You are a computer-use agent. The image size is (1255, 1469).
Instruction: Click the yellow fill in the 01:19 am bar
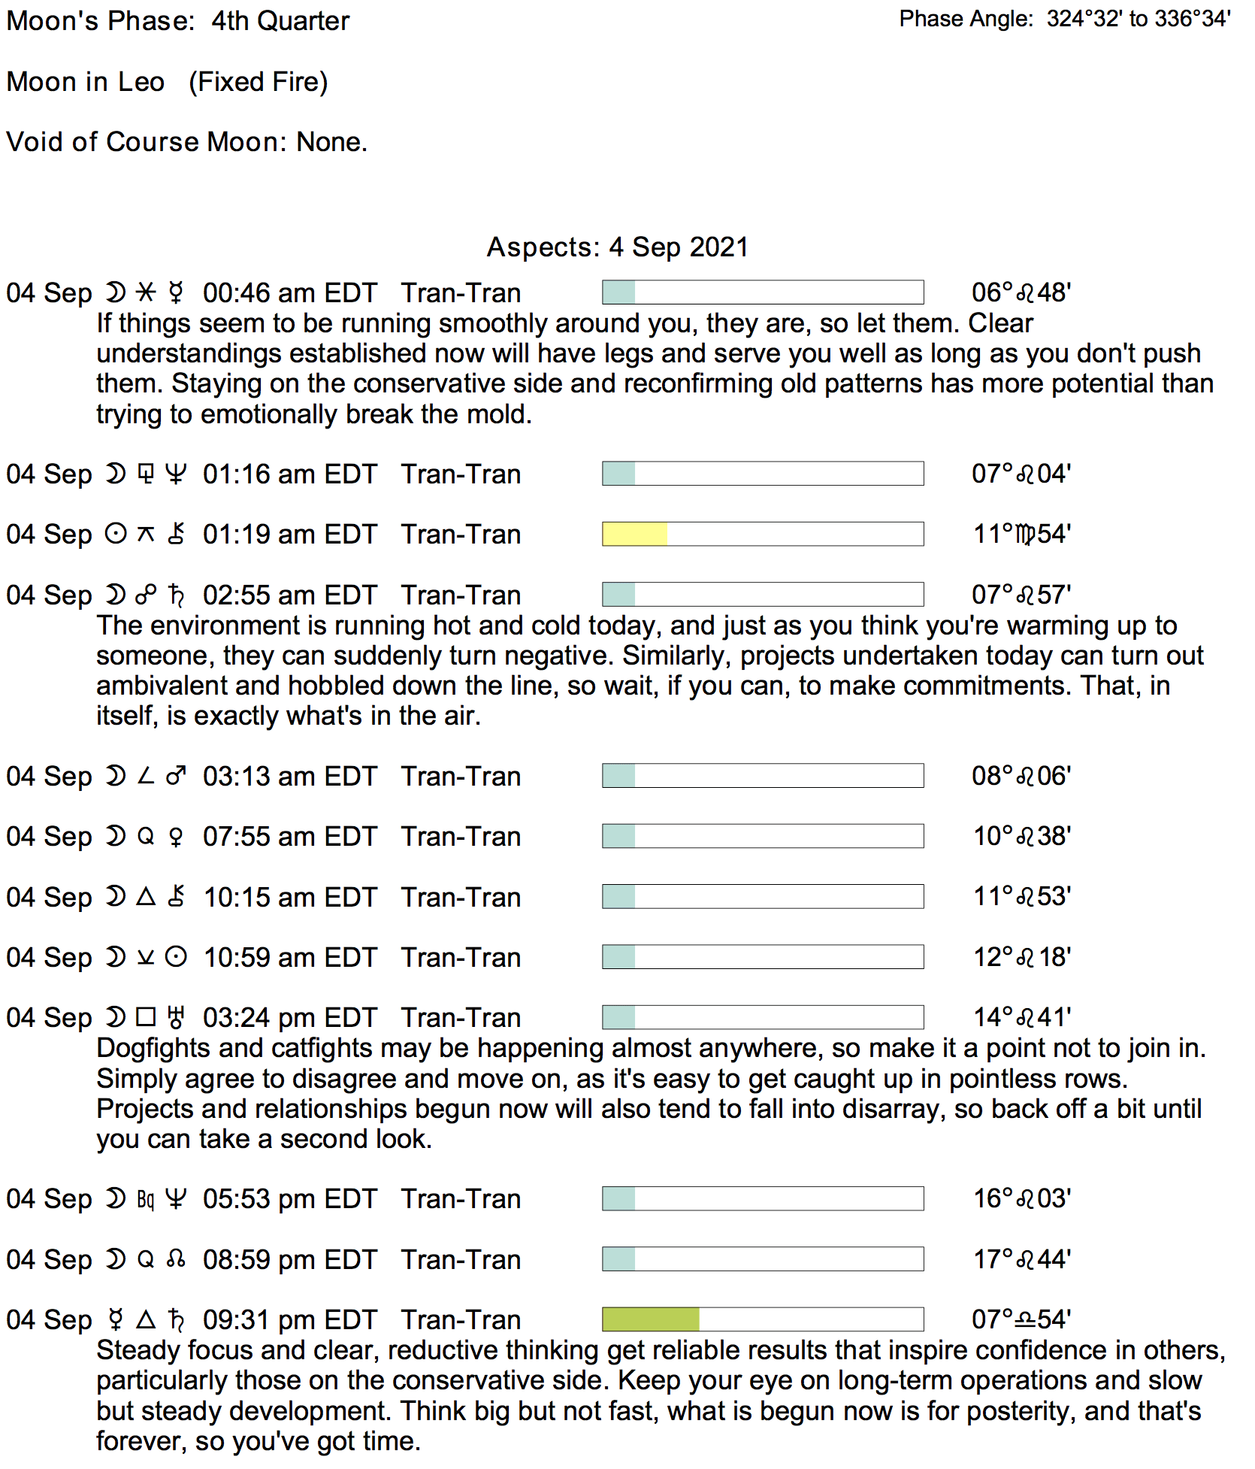coord(634,534)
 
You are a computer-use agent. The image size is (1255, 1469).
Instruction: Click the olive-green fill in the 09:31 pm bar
coord(651,1319)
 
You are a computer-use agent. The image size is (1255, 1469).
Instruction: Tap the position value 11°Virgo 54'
coord(1021,534)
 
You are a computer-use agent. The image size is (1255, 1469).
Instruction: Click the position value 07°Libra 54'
coord(1021,1319)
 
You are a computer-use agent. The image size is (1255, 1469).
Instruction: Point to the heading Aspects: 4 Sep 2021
coord(618,247)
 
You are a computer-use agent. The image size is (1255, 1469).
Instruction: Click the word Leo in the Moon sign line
coord(141,82)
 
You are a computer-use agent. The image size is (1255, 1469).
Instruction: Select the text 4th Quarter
coord(280,21)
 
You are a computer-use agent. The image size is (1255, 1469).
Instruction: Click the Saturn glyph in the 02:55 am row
coord(177,595)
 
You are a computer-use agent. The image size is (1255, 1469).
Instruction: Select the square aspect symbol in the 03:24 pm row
coord(146,1017)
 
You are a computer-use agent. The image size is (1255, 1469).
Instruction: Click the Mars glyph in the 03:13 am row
coord(177,776)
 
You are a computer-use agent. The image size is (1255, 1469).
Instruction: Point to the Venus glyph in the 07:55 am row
coord(177,837)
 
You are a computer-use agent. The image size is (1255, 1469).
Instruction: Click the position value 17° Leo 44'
coord(1021,1259)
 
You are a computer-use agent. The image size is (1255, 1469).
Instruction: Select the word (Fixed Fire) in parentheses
coord(258,82)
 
